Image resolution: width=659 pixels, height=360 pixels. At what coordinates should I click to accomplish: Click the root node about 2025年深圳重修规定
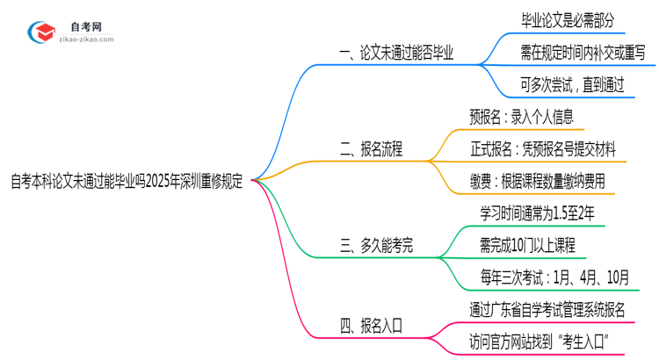pos(127,180)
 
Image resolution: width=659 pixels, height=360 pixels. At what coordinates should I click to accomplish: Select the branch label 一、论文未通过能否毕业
pos(396,53)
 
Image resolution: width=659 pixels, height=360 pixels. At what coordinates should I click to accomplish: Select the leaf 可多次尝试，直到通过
pos(572,85)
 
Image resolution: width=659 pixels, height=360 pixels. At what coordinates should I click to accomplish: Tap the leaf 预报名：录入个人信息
pos(521,117)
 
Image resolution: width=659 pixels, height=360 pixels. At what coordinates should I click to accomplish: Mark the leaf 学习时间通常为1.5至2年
pos(537,213)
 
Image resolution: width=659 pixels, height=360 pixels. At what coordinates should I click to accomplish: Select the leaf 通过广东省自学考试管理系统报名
pos(548,309)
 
